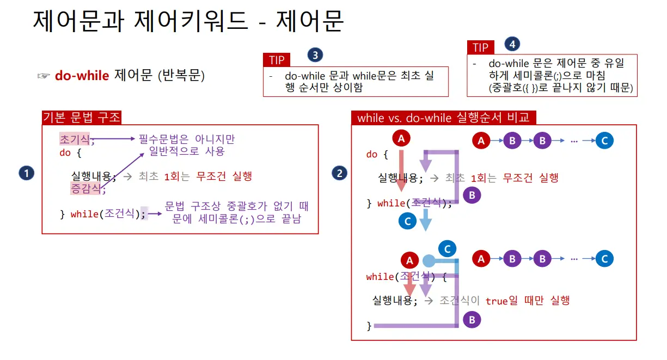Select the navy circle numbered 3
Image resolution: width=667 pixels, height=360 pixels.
(315, 54)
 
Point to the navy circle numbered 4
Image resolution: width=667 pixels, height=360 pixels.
(512, 44)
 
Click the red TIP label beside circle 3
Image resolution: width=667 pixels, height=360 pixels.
(277, 60)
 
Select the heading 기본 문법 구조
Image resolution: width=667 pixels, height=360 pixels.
(82, 118)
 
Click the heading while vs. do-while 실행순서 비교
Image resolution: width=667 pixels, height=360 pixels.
(444, 118)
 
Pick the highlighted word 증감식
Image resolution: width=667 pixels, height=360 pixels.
(82, 188)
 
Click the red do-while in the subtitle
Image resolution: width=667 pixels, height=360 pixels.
(82, 76)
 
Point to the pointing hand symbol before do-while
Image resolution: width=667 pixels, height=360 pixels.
(44, 76)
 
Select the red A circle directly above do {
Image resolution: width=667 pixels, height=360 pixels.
(401, 139)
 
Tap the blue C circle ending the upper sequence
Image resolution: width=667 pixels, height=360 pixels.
(604, 141)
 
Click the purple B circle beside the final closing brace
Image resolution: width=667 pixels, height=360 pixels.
(472, 320)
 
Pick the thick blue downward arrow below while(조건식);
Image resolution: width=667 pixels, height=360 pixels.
(426, 221)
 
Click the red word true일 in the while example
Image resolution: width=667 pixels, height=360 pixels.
(502, 301)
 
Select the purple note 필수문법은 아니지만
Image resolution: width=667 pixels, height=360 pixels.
(187, 139)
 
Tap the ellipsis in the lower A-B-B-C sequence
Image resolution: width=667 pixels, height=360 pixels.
(574, 259)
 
